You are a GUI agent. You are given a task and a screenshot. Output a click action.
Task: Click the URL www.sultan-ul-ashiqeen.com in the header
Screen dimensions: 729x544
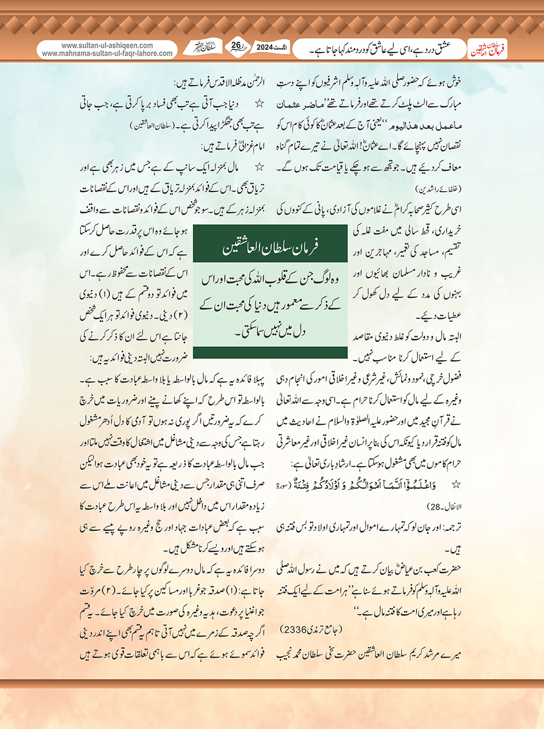pos(107,46)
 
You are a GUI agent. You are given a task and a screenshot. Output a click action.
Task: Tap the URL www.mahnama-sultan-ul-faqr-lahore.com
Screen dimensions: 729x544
pos(107,54)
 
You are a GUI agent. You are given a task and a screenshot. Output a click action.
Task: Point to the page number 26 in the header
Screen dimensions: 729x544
pos(236,46)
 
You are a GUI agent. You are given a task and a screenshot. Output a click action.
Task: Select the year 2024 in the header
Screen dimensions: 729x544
pos(265,47)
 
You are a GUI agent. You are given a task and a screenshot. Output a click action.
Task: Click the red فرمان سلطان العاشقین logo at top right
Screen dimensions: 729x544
pos(487,50)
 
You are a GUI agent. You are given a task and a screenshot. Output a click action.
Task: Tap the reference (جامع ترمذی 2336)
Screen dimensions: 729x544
pos(311,630)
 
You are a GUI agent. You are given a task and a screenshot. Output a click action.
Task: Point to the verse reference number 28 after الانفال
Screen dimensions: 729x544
pos(435,506)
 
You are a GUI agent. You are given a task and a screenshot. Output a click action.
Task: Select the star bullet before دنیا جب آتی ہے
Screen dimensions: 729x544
pos(260,104)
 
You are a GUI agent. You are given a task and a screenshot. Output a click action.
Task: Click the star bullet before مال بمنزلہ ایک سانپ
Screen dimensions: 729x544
pos(260,167)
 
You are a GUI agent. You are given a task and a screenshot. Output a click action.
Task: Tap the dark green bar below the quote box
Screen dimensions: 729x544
pos(270,352)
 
